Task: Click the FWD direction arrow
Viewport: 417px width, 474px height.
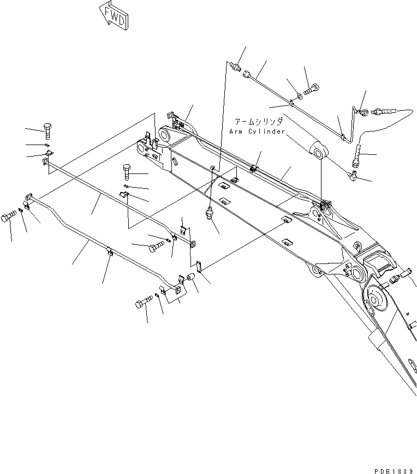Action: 113,15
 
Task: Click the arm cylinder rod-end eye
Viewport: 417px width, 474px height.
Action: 318,148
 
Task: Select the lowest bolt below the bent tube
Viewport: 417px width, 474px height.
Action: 141,303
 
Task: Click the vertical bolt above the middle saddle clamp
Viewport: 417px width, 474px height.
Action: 126,173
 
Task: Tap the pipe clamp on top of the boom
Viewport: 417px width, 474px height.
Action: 254,166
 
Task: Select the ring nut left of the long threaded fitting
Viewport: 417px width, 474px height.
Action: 362,112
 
